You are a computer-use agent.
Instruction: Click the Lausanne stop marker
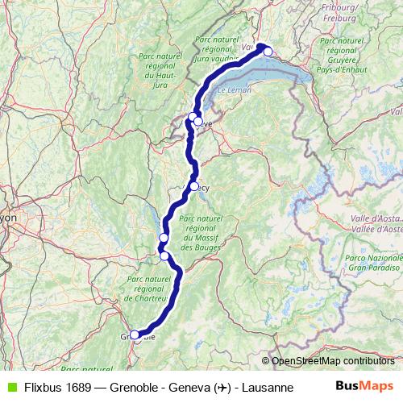[268, 52]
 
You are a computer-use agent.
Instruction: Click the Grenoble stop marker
[135, 335]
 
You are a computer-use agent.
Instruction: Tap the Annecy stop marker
[194, 186]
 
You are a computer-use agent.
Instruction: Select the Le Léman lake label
[234, 90]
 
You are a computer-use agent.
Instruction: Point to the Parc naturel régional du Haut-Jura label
[159, 66]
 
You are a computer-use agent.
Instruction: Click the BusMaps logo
[366, 386]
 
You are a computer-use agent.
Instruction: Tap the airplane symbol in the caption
[220, 387]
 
